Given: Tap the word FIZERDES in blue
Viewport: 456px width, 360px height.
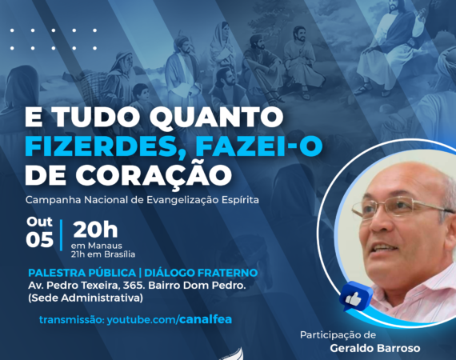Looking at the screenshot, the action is click(x=99, y=147).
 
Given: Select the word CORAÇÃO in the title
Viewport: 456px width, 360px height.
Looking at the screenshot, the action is click(x=154, y=174).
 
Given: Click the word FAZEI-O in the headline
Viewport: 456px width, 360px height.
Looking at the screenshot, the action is click(x=259, y=146).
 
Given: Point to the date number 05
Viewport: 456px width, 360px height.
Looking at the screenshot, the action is click(x=39, y=240).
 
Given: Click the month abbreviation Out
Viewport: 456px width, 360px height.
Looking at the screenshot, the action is click(x=39, y=222).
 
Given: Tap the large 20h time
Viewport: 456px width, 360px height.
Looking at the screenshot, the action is click(x=95, y=230).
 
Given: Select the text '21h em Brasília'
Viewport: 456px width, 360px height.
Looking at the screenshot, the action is click(x=103, y=254).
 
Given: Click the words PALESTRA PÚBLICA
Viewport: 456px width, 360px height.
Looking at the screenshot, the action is click(x=82, y=273).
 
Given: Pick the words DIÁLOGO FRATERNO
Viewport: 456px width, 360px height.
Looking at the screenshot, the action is click(x=201, y=273).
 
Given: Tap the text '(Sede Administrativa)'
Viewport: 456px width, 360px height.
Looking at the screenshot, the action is click(x=86, y=298).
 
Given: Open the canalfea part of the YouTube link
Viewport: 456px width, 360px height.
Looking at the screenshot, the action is click(x=206, y=319).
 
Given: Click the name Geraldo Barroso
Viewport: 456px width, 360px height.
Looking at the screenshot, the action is click(x=375, y=348).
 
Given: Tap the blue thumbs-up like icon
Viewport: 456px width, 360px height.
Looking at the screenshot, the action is click(x=355, y=297).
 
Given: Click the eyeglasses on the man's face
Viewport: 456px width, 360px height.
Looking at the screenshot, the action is click(x=402, y=206).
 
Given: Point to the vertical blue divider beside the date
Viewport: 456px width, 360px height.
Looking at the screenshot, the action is click(x=62, y=235).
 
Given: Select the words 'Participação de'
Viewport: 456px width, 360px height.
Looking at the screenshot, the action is click(x=338, y=335).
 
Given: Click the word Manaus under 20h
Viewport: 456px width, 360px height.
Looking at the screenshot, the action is click(x=105, y=246).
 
